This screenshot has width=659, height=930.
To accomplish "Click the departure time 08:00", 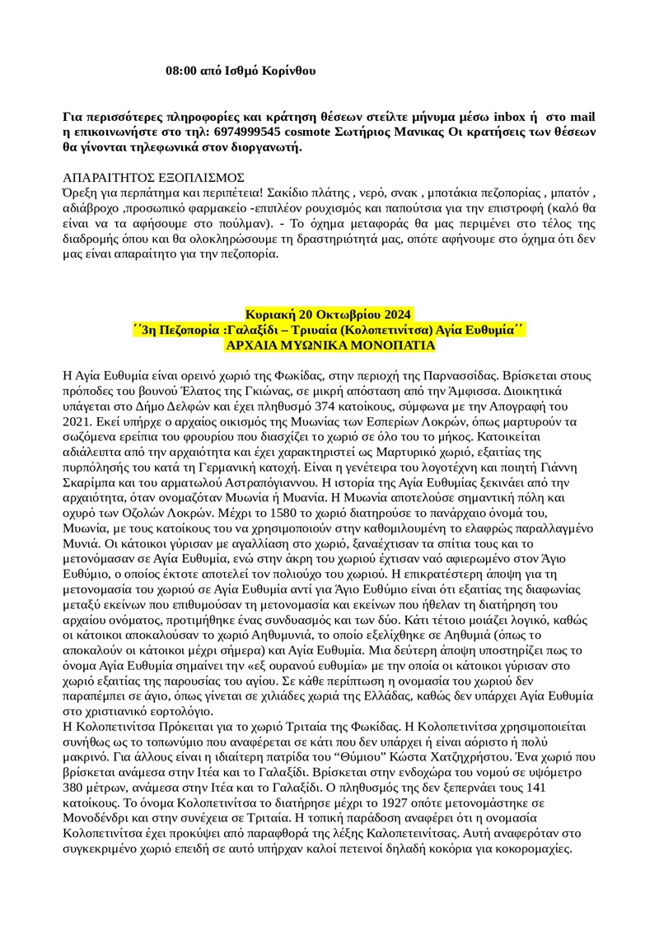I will [182, 72].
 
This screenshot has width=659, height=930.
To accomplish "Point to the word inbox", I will [497, 116].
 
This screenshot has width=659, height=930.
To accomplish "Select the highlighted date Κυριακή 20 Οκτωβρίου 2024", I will [329, 314].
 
